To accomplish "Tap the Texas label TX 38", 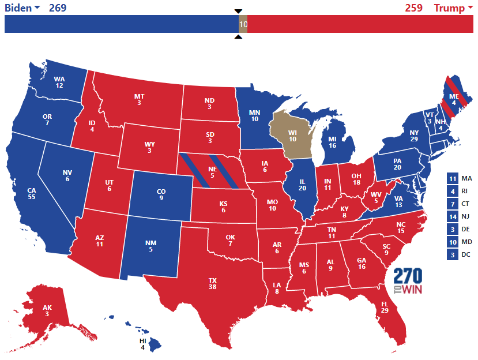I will [x=213, y=283].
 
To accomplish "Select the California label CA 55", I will [x=32, y=193].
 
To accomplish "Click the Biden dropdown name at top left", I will [x=22, y=7].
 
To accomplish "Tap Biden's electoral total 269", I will [x=58, y=7].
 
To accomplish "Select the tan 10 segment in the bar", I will [x=243, y=24].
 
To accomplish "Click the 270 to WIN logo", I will [x=408, y=282].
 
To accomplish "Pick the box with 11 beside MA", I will [x=453, y=178].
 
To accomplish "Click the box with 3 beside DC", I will [x=453, y=254].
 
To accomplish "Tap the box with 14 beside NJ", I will [x=453, y=216].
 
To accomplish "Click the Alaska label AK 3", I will [x=46, y=310].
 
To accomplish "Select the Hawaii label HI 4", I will [x=143, y=344].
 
